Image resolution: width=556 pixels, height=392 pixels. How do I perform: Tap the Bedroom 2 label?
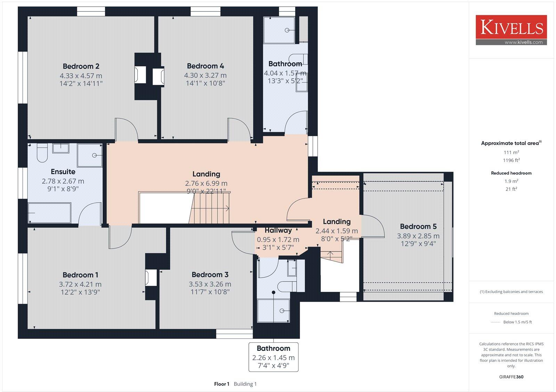tap(81, 66)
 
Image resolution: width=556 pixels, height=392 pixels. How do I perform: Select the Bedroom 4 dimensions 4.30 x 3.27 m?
tap(205, 75)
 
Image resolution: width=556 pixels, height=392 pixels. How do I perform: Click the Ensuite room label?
tap(63, 172)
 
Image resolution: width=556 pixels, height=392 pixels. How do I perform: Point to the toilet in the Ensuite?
tap(42, 154)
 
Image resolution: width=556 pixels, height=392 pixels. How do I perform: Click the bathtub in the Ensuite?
tap(50, 213)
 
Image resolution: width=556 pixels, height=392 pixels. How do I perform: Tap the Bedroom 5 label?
tap(418, 227)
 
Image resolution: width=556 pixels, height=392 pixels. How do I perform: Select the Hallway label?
tap(278, 230)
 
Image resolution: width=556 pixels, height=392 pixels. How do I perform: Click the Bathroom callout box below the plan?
tap(273, 357)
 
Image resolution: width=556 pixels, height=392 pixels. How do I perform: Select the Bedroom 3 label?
tap(210, 275)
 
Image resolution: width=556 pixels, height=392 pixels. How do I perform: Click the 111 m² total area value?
tap(511, 152)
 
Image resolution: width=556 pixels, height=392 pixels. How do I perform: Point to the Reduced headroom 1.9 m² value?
tap(511, 181)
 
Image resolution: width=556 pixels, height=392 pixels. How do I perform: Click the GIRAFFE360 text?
tap(511, 377)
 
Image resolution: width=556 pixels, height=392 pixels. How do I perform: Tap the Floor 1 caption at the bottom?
tap(222, 384)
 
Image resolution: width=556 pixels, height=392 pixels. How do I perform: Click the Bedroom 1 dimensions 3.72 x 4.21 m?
tap(80, 284)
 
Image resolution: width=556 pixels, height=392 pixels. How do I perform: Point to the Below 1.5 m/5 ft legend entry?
tap(517, 322)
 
